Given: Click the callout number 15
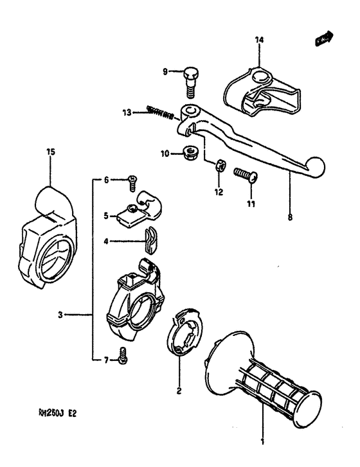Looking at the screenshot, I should (51, 152).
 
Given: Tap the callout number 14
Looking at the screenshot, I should (259, 40).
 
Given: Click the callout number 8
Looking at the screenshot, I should (289, 218).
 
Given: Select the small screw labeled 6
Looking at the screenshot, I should (132, 181).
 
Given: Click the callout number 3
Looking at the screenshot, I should (60, 314).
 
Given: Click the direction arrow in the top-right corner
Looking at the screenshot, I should (324, 40).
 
